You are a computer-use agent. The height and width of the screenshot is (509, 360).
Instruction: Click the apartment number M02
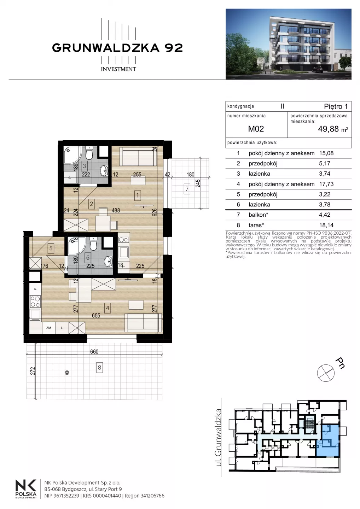pyautogui.click(x=256, y=129)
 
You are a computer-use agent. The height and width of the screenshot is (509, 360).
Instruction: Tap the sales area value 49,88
pyautogui.click(x=328, y=129)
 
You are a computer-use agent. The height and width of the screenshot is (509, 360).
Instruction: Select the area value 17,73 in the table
pyautogui.click(x=326, y=184)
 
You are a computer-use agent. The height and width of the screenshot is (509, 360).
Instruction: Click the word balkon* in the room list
pyautogui.click(x=258, y=215)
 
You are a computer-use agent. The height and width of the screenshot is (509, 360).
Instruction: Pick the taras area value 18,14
pyautogui.click(x=326, y=225)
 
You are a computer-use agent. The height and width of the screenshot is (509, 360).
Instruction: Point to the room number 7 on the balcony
pyautogui.click(x=187, y=189)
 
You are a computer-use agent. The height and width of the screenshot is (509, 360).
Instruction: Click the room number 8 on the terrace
pyautogui.click(x=99, y=368)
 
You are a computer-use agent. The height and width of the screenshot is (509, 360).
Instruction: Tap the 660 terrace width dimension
pyautogui.click(x=94, y=352)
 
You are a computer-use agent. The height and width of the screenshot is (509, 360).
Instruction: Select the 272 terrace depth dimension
pyautogui.click(x=33, y=371)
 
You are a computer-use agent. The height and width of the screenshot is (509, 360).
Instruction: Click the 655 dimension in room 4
pyautogui.click(x=96, y=315)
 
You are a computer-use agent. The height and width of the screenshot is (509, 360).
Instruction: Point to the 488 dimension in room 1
pyautogui.click(x=116, y=210)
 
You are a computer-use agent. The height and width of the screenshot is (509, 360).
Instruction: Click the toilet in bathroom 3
pyautogui.click(x=89, y=153)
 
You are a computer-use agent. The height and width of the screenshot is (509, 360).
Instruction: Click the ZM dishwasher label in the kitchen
pyautogui.click(x=49, y=328)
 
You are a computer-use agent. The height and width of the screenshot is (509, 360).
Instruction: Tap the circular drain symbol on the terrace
pyautogui.click(x=67, y=373)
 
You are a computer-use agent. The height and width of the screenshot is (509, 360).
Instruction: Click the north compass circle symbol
pyautogui.click(x=326, y=373)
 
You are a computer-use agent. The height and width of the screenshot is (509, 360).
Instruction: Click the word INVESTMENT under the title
pyautogui.click(x=118, y=69)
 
